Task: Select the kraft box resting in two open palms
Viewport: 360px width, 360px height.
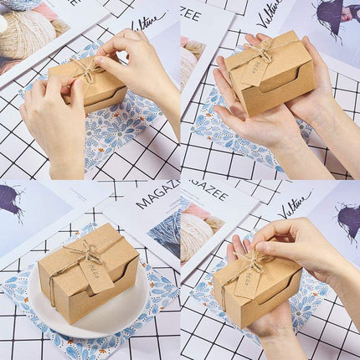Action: point(270,75)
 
